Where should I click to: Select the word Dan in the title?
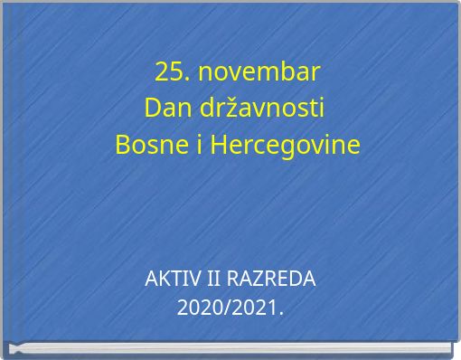[162, 108]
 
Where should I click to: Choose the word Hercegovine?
[284, 145]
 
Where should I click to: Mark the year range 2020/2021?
[230, 308]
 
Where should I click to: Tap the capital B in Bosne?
[124, 145]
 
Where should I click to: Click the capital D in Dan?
[151, 108]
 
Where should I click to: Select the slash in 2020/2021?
[230, 308]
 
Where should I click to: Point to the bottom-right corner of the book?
[451, 347]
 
